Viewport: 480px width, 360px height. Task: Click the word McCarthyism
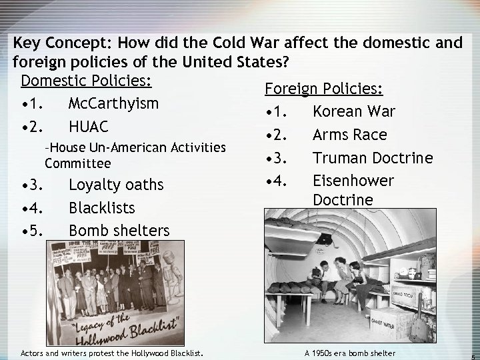pos(113,104)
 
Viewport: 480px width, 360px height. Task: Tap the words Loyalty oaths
pos(117,185)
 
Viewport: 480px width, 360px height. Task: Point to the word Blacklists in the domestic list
pos(101,207)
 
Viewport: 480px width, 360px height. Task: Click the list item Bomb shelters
pos(119,231)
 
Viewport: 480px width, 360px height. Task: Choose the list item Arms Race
pos(349,135)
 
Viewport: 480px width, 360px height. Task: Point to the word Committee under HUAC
pos(77,163)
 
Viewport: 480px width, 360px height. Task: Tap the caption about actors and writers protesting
pos(112,352)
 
